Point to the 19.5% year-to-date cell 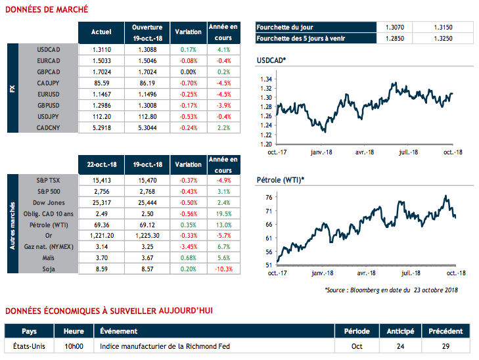pos(223,214)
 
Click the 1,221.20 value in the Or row pos(101,235)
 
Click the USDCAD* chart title pos(271,61)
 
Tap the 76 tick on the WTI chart pos(269,198)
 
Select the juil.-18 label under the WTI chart pos(411,272)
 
